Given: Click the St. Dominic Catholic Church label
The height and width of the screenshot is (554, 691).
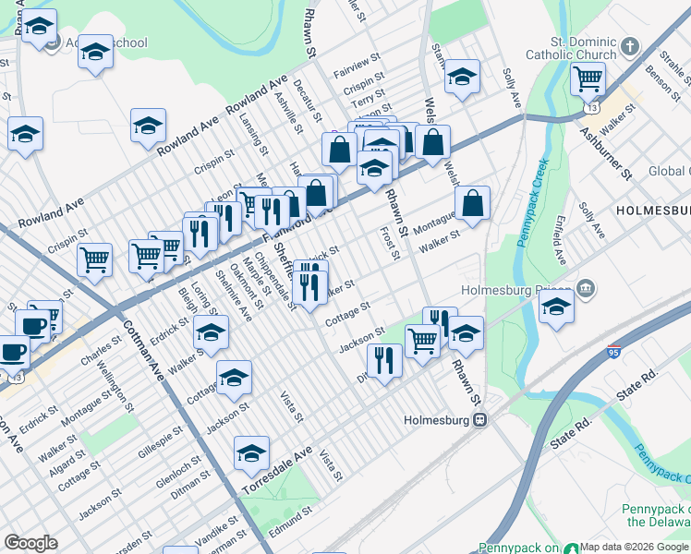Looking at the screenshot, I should [570, 48].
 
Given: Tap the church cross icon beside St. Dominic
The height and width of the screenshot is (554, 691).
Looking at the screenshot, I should [630, 46].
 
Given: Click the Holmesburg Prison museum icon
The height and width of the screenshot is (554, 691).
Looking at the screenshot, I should [585, 290].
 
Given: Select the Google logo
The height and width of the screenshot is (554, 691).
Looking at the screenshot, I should [31, 543].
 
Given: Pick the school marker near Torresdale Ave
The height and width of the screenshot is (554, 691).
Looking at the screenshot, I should [251, 452].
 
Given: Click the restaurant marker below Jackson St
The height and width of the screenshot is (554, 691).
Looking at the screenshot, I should [384, 359].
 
